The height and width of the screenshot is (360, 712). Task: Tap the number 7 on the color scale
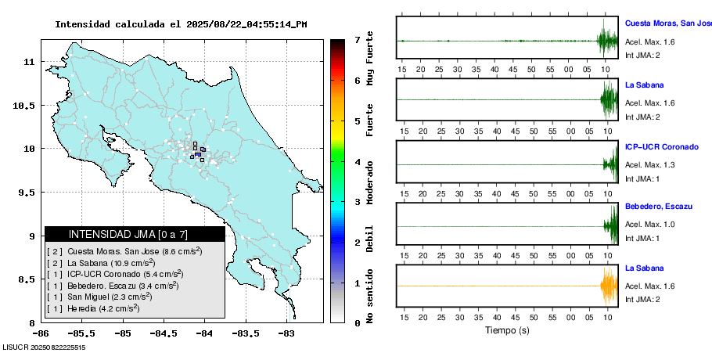356,39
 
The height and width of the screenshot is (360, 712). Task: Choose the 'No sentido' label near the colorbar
369,296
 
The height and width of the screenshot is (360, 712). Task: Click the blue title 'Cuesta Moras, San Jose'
667,23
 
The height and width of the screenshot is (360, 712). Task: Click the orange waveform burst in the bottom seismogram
608,287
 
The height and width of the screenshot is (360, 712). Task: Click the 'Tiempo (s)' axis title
508,330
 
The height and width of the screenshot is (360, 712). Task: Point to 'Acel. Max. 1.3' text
649,165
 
